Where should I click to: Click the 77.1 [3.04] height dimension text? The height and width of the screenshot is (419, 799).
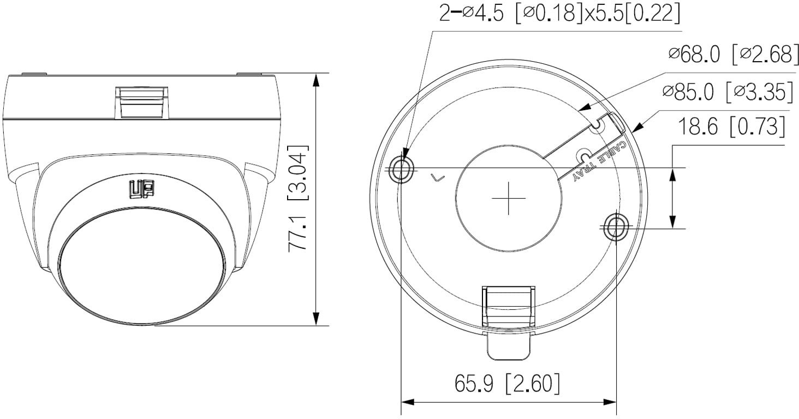click(x=298, y=198)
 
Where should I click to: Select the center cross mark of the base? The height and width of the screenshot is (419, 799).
click(x=508, y=199)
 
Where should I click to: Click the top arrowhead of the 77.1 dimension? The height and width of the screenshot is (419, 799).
click(x=316, y=80)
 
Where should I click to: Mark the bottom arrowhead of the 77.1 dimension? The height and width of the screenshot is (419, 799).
click(x=316, y=319)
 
